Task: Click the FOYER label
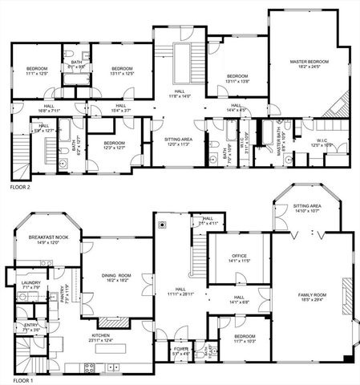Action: [x=160, y=350]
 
